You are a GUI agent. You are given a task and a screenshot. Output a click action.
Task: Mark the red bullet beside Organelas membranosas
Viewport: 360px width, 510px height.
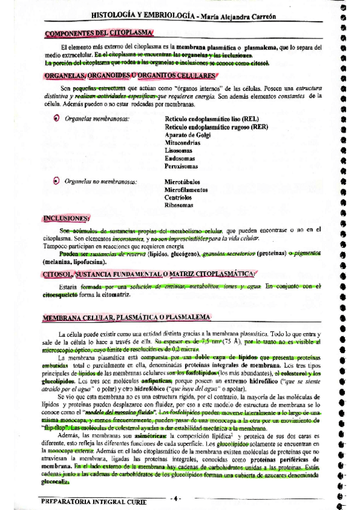tap(56, 119)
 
